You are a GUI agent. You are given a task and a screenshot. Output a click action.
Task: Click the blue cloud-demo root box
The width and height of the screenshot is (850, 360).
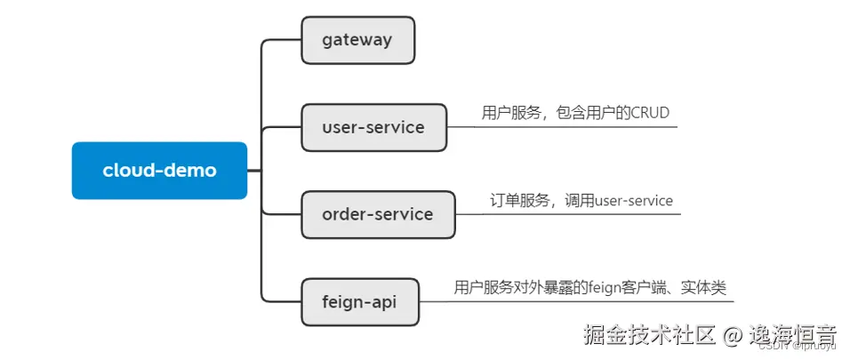(x=159, y=171)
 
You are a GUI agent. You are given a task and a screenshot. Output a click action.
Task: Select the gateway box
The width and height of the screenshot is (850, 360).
(x=357, y=40)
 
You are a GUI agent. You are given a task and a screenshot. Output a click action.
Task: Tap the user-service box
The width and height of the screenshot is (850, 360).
(x=373, y=127)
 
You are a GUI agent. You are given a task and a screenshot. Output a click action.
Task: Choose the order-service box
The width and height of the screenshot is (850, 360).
(x=378, y=214)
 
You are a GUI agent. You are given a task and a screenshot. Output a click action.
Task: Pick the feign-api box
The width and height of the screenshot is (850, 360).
(x=359, y=301)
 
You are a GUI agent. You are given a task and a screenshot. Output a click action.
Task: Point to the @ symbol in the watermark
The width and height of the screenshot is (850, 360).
(x=733, y=335)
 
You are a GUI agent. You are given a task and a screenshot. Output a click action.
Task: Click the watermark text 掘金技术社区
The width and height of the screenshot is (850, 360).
(x=650, y=335)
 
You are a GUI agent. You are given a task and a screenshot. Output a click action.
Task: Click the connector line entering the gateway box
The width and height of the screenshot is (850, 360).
(x=283, y=40)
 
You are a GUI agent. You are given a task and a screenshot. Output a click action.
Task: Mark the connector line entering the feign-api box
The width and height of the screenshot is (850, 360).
(x=283, y=301)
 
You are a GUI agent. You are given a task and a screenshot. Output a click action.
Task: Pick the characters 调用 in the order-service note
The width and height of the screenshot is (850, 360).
(x=581, y=201)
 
